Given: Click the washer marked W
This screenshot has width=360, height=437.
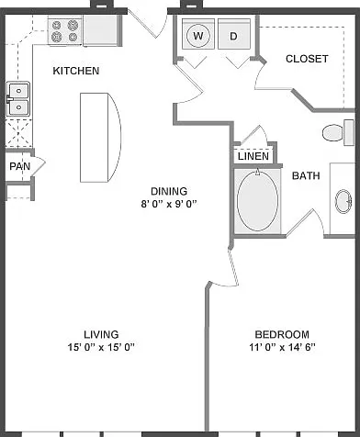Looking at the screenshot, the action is (198, 34).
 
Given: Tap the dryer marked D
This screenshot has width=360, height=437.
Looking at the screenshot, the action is (234, 34).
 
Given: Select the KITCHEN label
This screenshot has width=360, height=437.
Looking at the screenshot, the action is (76, 71).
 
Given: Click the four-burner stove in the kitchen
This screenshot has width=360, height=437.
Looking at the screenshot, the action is (65, 31).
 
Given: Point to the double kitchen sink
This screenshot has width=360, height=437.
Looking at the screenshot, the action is (18, 98).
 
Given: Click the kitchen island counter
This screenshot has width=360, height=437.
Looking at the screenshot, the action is (100, 138).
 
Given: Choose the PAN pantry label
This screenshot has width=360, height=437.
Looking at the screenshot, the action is (20, 166).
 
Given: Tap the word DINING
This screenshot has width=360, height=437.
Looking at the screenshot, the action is (169, 191).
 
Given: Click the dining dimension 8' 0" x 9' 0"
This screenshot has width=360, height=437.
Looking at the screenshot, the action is (168, 204).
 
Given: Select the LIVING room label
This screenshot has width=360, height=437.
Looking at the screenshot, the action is (101, 334).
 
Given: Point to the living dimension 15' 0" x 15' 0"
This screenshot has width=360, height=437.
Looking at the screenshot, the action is (101, 347).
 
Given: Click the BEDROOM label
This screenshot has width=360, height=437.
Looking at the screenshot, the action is (282, 334).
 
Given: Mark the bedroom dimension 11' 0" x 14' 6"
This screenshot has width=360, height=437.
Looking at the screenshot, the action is (282, 347).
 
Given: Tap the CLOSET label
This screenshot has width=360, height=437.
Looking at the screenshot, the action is (307, 59).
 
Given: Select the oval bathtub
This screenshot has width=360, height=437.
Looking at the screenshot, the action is (257, 200).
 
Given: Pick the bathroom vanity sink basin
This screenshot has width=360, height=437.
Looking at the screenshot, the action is (343, 202).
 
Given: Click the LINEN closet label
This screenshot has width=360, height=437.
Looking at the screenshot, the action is (253, 156).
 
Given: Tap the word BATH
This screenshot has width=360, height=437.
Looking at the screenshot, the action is (306, 175).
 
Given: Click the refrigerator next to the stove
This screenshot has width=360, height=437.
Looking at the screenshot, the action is (101, 30).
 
